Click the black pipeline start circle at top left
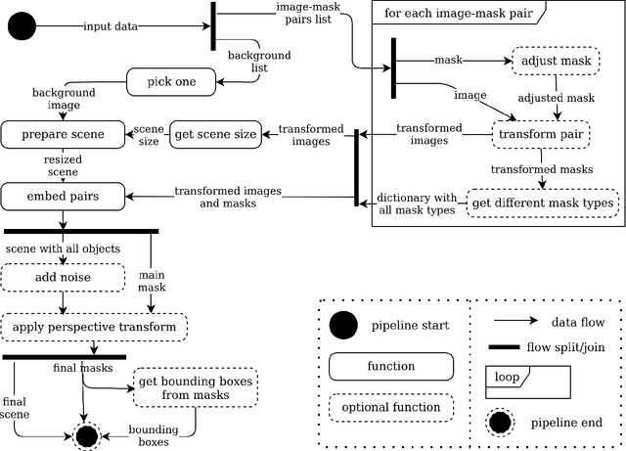coord(22,26)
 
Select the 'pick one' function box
coord(172,81)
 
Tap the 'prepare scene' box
coord(64,133)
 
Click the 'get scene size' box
coord(214,133)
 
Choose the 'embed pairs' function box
coord(64,197)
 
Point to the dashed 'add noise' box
coord(64,278)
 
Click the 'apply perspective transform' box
coord(94,326)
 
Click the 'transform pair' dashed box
coord(541,134)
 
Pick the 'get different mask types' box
coord(543,203)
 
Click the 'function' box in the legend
coord(391,366)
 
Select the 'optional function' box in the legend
coord(391,407)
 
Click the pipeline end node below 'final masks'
coord(86,436)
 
